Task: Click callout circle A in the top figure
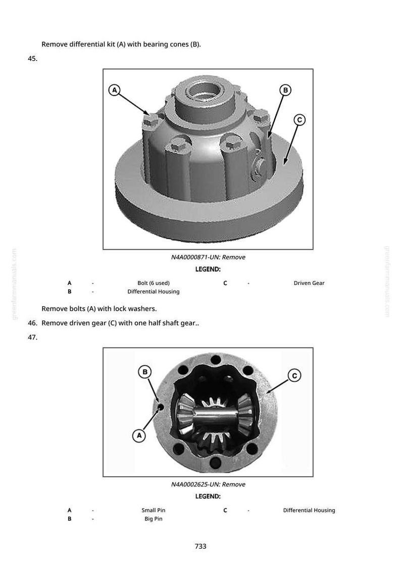coord(114,90)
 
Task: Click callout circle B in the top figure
coord(285,90)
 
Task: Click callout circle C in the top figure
coord(299,120)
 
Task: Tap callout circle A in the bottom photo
coord(139,435)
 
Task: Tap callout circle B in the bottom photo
coord(145,372)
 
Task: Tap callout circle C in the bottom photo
coord(294,376)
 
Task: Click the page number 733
coord(201,546)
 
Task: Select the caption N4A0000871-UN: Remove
coord(208,257)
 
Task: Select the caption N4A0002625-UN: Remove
coord(208,484)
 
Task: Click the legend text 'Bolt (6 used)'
coord(154,283)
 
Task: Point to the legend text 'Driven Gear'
coord(309,283)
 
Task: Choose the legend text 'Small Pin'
coord(154,510)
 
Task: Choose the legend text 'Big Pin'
coord(154,519)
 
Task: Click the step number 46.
coord(32,323)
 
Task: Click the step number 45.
coord(32,59)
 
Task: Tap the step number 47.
coord(32,337)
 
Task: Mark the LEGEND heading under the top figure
coord(208,269)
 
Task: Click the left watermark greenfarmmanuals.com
coord(14,284)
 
